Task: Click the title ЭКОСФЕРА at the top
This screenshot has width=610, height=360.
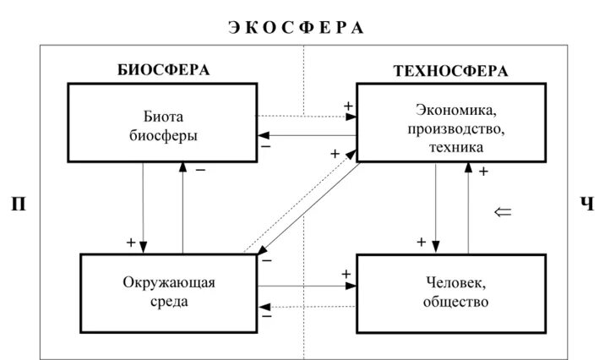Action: point(296,27)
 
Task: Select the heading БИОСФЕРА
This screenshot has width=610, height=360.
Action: point(163,71)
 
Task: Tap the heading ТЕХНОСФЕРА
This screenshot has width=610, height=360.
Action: point(450,71)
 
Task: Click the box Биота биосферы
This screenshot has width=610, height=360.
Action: point(161,122)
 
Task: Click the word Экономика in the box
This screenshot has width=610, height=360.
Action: point(455,109)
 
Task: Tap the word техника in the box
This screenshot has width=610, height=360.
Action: point(455,146)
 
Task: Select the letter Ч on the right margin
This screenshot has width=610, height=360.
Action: point(586,204)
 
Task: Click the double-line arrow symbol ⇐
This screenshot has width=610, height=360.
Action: point(502,211)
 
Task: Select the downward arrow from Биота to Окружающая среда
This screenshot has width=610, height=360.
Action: point(144,207)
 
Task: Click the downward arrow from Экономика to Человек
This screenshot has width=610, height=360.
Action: point(435,207)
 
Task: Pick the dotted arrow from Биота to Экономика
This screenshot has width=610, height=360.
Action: point(304,115)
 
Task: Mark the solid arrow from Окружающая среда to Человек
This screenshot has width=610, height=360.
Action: point(304,285)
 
